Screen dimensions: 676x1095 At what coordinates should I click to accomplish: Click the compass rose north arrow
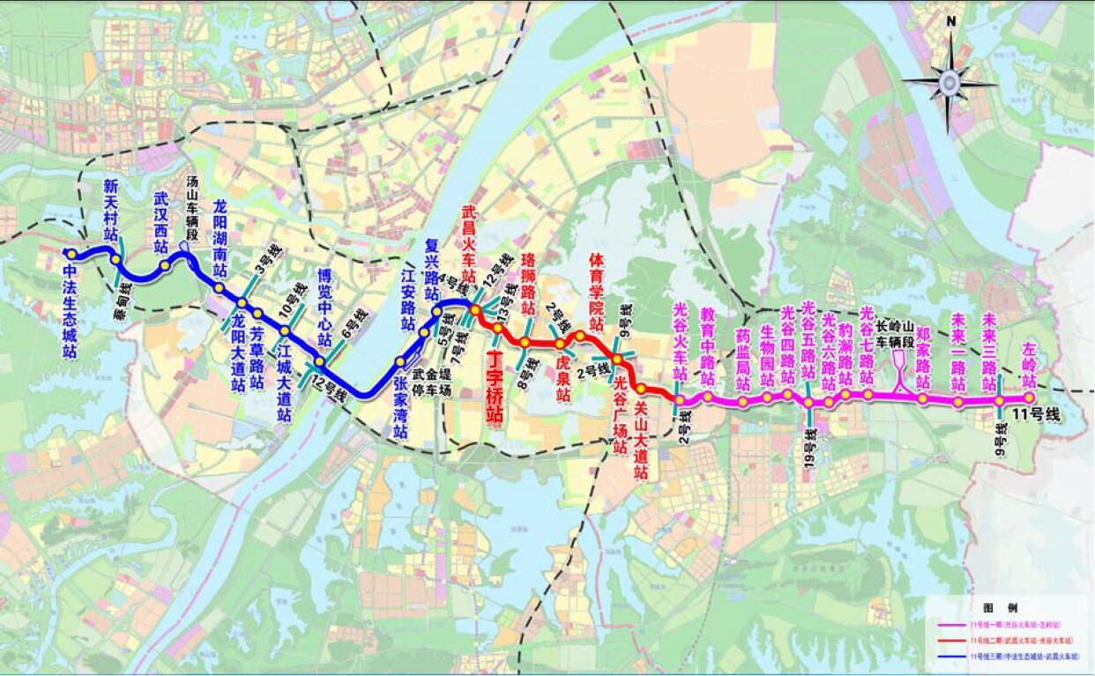coord(950,84)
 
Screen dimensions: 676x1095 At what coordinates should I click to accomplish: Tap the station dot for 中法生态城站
coord(68,254)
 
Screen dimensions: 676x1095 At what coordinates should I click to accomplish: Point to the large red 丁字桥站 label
coord(495,387)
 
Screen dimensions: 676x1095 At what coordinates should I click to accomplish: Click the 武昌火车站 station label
coord(469,256)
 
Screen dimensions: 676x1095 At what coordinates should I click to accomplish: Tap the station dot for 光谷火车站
coord(680,399)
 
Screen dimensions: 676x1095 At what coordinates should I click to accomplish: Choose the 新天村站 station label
coord(111,210)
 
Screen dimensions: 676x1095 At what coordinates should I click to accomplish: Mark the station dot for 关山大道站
coord(641,389)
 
